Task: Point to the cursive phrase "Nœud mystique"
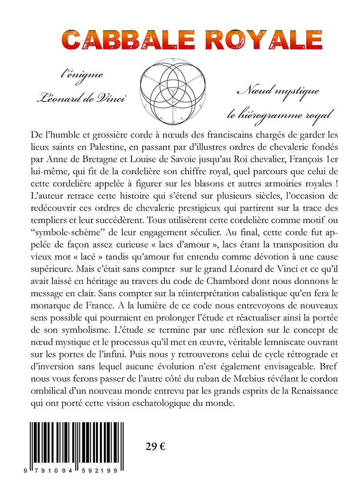[x=278, y=92]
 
